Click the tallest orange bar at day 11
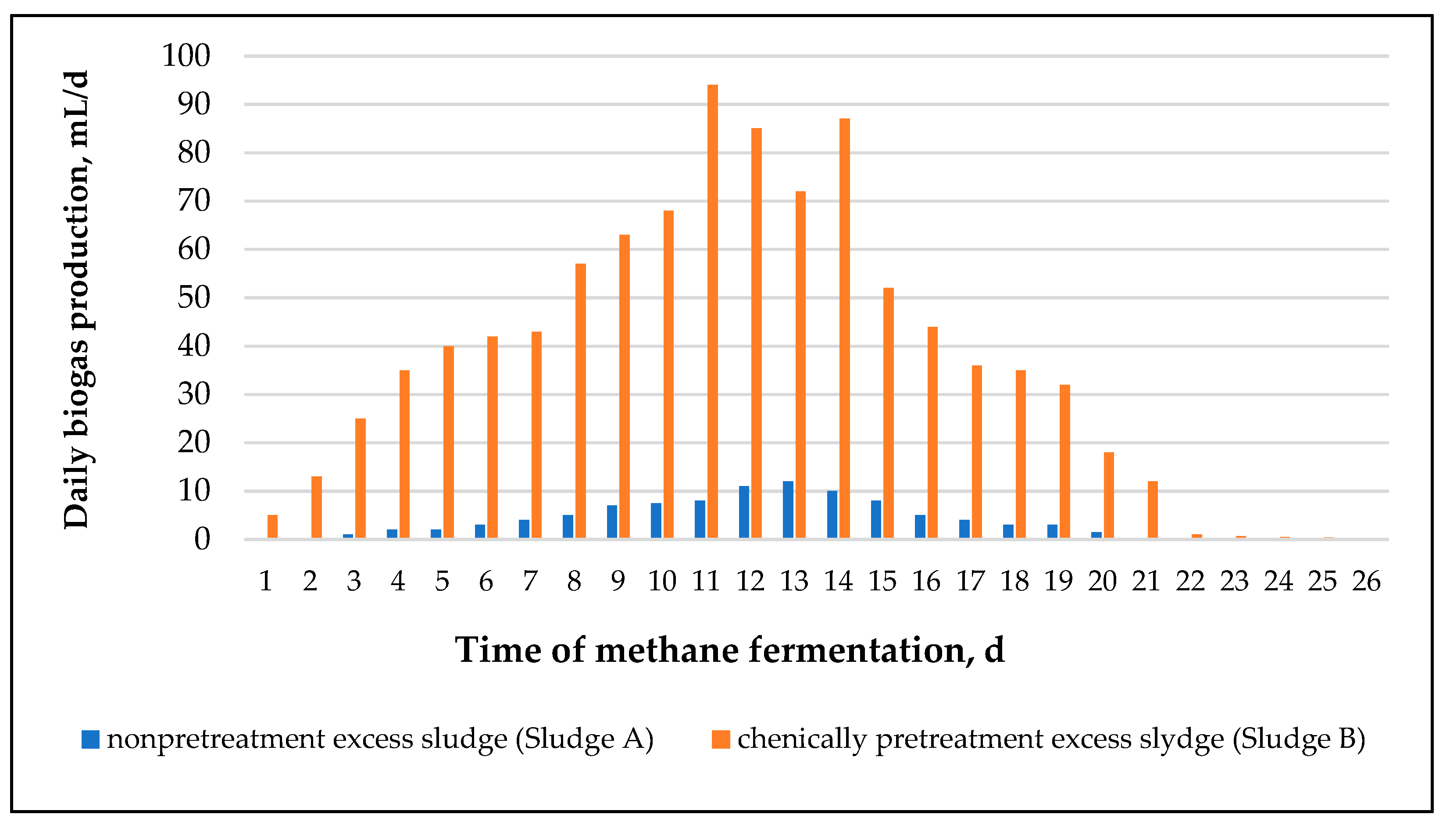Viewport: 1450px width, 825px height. coord(712,312)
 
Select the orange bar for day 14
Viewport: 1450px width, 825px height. coord(844,329)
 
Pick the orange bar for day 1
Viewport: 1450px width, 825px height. coord(272,526)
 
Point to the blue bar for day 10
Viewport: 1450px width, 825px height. coord(656,520)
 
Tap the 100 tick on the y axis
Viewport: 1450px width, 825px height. coord(186,56)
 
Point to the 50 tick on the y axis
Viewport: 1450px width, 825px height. coord(194,297)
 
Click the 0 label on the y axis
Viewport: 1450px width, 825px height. coord(202,539)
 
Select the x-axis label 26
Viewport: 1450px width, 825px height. coord(1366,581)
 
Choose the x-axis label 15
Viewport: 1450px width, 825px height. coord(882,581)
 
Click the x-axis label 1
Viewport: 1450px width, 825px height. coord(266,581)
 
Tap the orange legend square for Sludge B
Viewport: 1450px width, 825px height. coord(721,739)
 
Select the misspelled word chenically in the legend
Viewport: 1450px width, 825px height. coord(802,739)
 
